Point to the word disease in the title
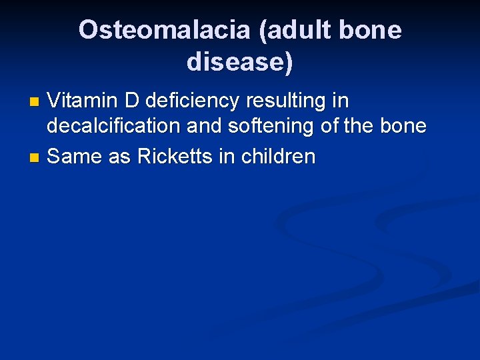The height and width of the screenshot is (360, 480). [x=236, y=62]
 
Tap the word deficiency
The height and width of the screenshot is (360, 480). [x=193, y=101]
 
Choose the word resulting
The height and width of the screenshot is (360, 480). [x=287, y=101]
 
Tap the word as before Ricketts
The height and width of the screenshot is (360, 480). [x=117, y=157]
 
